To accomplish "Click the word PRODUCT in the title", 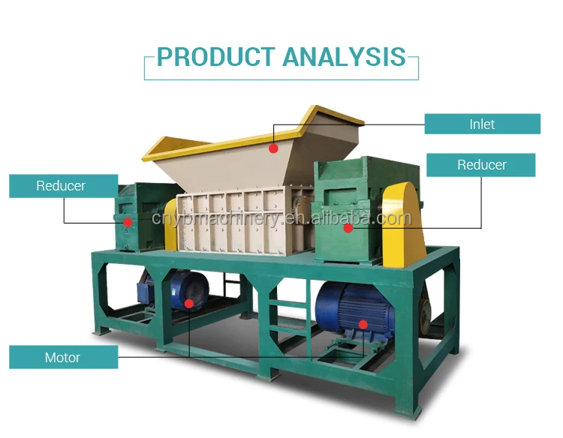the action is coord(216,57).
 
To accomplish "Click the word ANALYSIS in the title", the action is coord(345,57).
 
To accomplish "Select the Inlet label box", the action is coord(482,124).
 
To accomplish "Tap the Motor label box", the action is coord(63,357).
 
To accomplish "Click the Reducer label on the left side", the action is coord(62,185).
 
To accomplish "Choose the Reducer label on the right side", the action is coord(481,165).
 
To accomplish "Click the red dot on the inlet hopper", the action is coord(274,148).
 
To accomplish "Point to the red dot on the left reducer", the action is coord(128,222).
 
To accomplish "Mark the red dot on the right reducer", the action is coord(348,227).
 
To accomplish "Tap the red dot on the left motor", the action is coord(189,304).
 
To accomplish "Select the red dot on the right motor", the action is coord(363,324).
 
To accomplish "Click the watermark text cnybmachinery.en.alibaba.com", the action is coord(281,219).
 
